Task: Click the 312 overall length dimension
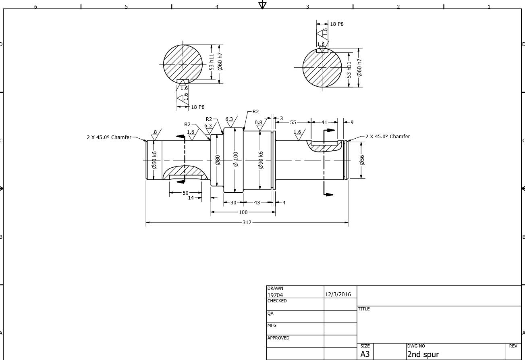coord(247,222)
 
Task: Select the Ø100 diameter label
coord(236,159)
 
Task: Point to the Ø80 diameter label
coord(218,160)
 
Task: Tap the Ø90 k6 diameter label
coord(261,160)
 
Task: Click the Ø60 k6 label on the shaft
coord(154,160)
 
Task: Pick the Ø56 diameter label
coord(362,160)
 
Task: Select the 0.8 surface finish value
coord(258,123)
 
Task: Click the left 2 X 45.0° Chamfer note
coord(109,137)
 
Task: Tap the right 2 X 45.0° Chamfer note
coord(388,136)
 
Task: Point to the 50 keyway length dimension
coord(185,193)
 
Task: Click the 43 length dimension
coord(257,202)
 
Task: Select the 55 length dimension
coord(293,122)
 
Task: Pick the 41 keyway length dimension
coord(324,122)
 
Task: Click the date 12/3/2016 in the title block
coord(338,294)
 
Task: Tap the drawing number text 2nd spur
coord(423,354)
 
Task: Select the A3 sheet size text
coord(365,354)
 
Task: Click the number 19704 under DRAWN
coord(275,295)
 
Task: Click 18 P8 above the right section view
coord(337,24)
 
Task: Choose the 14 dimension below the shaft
coord(191,198)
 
